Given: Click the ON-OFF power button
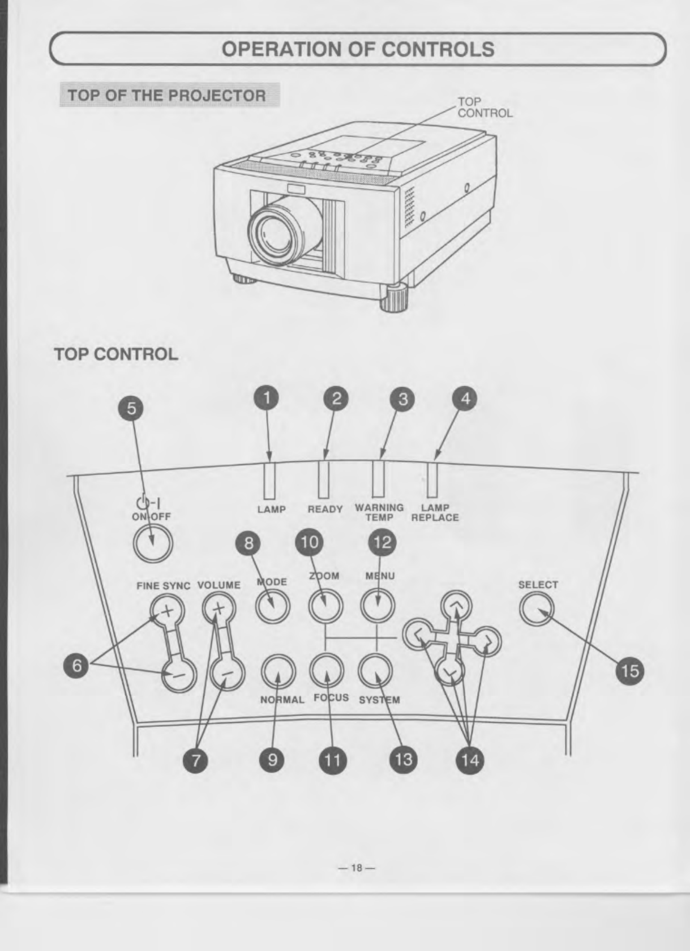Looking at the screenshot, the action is pyautogui.click(x=152, y=543).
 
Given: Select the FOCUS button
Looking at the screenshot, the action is pyautogui.click(x=327, y=669).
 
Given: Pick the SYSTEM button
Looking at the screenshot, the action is pyautogui.click(x=376, y=670).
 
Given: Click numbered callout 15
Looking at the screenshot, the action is pyautogui.click(x=629, y=671).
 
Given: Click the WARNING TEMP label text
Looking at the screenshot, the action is pyautogui.click(x=379, y=512).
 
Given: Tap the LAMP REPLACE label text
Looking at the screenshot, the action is pyautogui.click(x=435, y=512).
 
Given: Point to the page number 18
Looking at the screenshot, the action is pyautogui.click(x=357, y=867).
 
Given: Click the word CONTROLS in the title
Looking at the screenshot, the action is pyautogui.click(x=438, y=49).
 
